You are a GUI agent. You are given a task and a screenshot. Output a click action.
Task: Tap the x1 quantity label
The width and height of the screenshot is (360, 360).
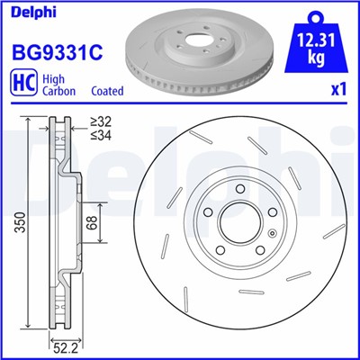(338, 91)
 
